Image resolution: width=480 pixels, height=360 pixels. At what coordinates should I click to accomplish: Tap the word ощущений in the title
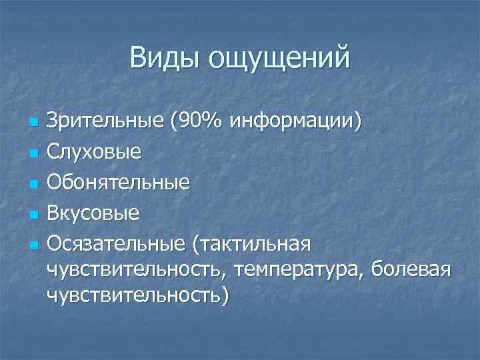[x=279, y=59]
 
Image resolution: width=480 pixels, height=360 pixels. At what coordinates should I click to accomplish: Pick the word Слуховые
[x=94, y=152]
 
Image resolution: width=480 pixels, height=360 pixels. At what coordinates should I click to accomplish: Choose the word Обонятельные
[x=119, y=182]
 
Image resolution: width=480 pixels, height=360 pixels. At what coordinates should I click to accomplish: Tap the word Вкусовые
[x=93, y=213]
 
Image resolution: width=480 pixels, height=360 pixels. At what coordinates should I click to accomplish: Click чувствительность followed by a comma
[x=137, y=271]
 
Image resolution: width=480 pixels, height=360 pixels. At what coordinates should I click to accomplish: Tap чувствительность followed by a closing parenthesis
[x=137, y=296]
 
